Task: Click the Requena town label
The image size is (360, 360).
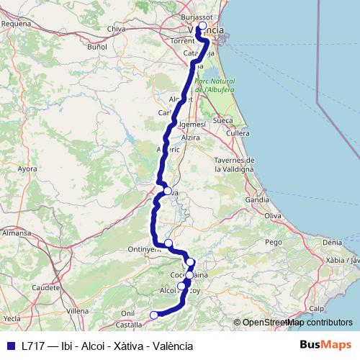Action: (17, 23)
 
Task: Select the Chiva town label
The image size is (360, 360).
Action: (116, 29)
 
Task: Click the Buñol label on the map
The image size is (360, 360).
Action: (96, 47)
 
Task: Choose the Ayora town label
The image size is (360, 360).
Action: (27, 169)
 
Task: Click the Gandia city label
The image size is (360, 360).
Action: (257, 199)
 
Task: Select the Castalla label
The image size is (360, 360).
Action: (128, 325)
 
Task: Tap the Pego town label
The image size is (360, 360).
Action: (274, 242)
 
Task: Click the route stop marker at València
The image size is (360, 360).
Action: (202, 26)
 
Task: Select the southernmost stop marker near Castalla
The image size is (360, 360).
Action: (153, 315)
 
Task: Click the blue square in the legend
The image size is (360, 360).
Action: (11, 346)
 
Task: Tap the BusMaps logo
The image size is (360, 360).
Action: (326, 345)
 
